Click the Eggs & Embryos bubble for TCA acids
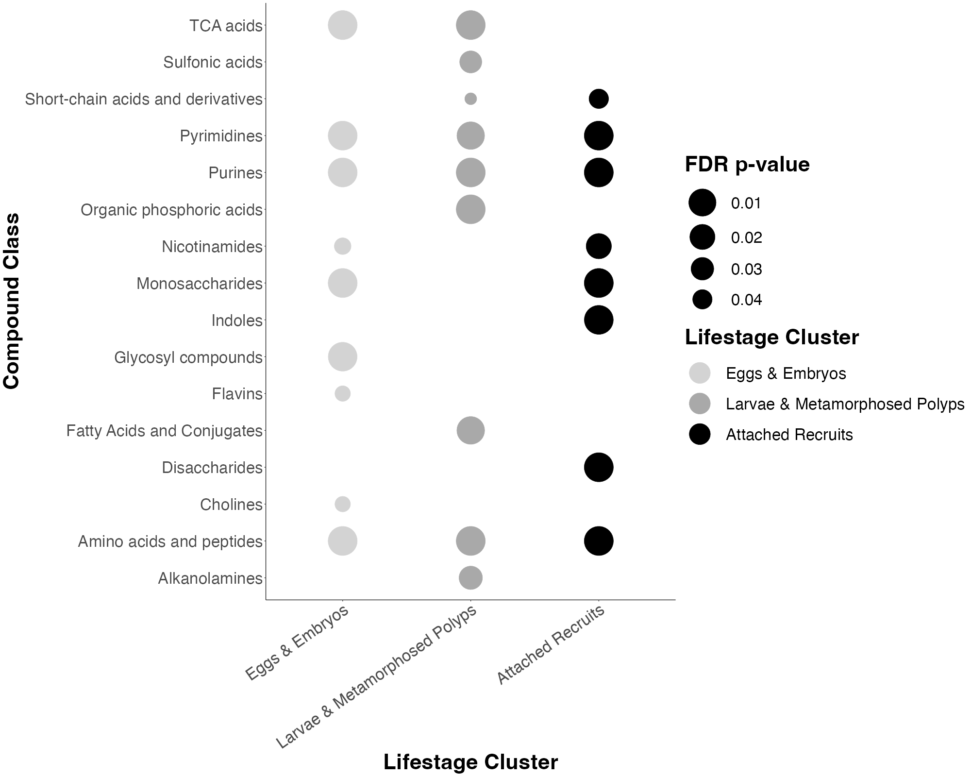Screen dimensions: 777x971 342,25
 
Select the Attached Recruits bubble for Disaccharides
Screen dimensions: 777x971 598,467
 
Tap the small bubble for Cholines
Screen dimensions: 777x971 342,504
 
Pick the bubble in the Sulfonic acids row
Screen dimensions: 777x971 470,62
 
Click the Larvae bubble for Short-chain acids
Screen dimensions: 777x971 470,99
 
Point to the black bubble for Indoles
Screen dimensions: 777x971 598,320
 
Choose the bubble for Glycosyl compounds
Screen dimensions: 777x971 342,357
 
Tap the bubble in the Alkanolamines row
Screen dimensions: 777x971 470,578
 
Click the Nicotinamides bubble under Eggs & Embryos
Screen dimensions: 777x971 342,246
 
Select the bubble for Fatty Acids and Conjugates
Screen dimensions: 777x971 470,430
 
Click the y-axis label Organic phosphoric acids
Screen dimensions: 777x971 171,210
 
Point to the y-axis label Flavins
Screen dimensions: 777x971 237,393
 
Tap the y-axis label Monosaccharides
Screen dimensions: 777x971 199,283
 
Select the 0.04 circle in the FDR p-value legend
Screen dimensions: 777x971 702,300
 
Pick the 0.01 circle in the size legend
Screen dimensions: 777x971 702,203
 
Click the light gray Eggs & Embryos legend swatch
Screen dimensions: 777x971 700,373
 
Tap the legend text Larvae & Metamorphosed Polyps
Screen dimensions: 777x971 845,404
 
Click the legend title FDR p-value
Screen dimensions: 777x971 747,165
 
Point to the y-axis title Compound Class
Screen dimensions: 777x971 12,301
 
